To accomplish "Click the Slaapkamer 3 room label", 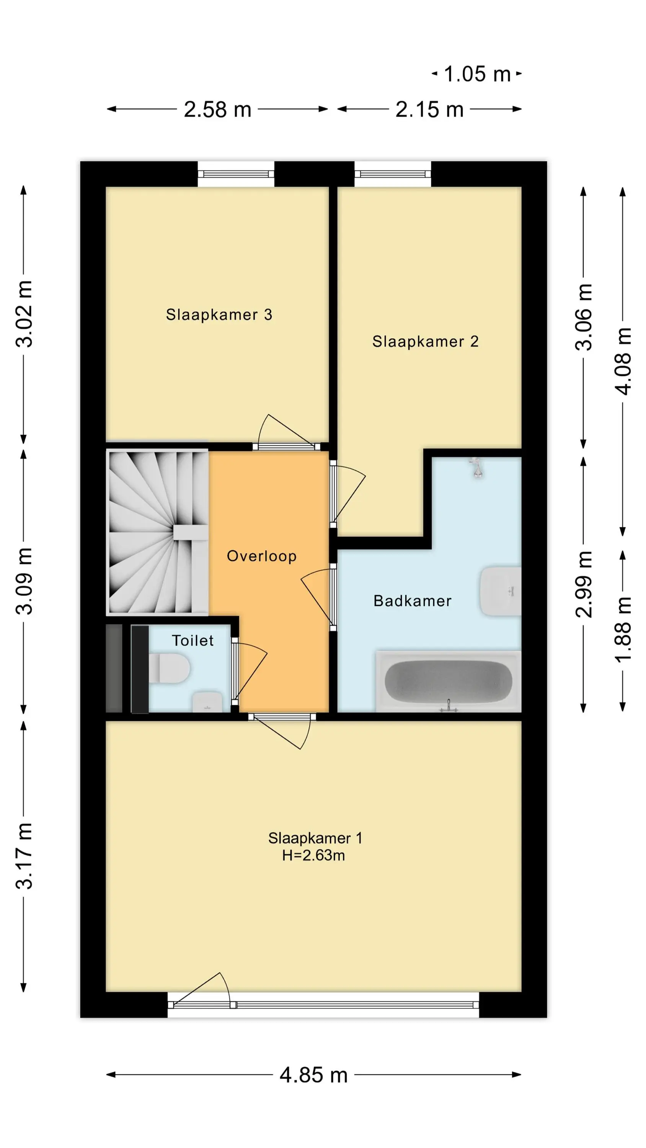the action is pos(219,315).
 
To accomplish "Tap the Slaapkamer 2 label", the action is pos(425,341).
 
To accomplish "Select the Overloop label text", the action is pos(262,556).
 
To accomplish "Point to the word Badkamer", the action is pos(413,601).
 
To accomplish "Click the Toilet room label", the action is pos(192,641).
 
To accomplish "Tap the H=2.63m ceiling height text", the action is pos(313,855).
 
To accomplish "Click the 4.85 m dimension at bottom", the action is pos(313,1075).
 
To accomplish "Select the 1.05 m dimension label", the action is pos(477,74).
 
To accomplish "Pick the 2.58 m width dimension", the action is pos(217,109).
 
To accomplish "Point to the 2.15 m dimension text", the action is pos(429,109).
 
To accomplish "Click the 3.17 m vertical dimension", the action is pos(24,856).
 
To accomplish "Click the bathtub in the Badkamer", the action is pos(449,681).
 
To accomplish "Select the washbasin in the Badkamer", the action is pos(501,591).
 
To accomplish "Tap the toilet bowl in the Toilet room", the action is pos(169,668).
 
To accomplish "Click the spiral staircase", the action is pos(157,532).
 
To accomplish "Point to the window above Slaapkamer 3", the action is pos(236,174).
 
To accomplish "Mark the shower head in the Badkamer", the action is pos(476,468).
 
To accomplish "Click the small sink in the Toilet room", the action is pos(207,702).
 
